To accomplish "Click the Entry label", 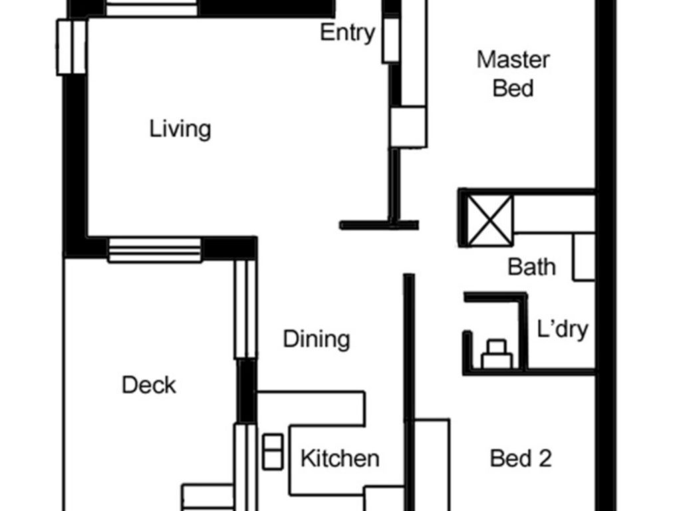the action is [347, 33].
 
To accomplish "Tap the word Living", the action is [180, 129].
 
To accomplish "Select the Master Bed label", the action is [513, 74].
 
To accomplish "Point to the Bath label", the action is [531, 267].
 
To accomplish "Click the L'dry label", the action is [563, 329].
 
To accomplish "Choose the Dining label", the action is [316, 339].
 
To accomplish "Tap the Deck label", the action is [149, 385].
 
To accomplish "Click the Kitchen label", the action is [340, 458].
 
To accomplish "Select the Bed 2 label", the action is [521, 458].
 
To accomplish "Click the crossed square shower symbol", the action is [490, 220].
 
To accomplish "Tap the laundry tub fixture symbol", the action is [497, 355].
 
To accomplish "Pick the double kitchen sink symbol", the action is [273, 452].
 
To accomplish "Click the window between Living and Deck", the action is [154, 250].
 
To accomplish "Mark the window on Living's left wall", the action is [71, 47].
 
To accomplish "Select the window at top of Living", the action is [152, 8].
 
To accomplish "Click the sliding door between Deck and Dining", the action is [245, 309].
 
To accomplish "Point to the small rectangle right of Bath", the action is [584, 257].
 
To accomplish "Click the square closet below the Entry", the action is [408, 127].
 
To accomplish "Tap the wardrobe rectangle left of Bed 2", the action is [432, 465].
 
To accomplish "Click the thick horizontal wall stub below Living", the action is [379, 225].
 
